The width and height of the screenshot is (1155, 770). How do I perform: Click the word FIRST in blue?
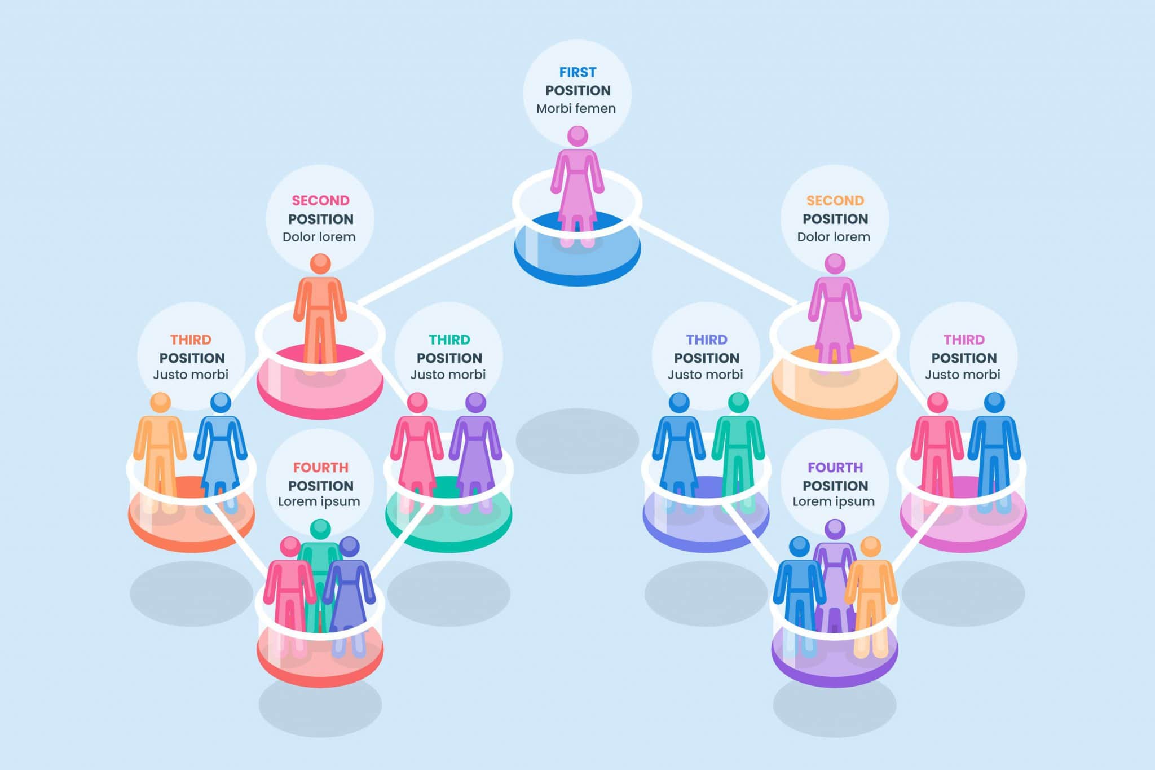(x=577, y=72)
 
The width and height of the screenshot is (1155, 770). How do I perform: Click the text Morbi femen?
(x=576, y=108)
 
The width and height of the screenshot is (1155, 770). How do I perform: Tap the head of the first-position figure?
(x=577, y=136)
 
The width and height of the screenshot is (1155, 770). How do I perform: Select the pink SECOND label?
(x=320, y=200)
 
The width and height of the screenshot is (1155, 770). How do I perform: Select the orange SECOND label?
(x=835, y=200)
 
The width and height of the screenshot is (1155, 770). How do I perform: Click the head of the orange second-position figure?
(x=320, y=263)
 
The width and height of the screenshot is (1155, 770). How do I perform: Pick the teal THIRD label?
(x=449, y=340)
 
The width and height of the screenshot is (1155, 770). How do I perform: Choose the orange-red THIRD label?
(x=191, y=340)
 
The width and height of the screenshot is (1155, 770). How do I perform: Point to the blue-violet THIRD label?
(x=707, y=340)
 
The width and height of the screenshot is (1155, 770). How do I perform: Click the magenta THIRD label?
(x=964, y=340)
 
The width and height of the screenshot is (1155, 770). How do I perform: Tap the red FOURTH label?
(x=320, y=467)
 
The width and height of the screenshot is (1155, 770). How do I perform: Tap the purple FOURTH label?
(x=835, y=467)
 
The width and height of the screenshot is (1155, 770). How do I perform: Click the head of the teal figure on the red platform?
(x=320, y=529)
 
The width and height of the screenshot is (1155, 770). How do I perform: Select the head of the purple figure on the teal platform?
(x=475, y=402)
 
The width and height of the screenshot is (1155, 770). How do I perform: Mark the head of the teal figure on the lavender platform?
(x=738, y=402)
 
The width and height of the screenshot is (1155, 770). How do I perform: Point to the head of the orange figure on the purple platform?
(x=870, y=546)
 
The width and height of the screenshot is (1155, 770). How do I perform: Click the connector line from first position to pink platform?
(x=438, y=263)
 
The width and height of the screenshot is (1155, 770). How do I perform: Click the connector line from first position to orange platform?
(x=718, y=262)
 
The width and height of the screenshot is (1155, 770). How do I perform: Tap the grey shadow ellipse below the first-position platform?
(x=577, y=441)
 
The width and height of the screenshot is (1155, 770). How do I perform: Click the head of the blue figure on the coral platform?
(x=221, y=403)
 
